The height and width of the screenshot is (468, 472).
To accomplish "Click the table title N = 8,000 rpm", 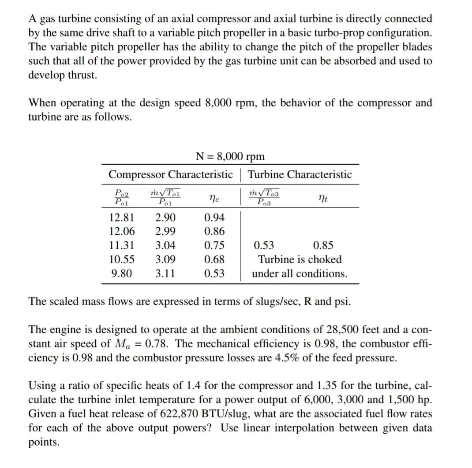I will [x=229, y=156].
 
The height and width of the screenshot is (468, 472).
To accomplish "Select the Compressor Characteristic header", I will [x=170, y=174].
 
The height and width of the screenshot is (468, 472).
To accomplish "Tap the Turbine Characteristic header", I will [x=300, y=174].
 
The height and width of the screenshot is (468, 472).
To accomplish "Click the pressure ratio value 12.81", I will [x=122, y=217].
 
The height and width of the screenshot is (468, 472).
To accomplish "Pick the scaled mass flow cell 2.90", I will [x=165, y=217].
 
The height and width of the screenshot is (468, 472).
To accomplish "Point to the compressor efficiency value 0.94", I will [x=215, y=217].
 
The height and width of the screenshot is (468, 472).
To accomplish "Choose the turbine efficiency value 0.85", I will [x=323, y=245].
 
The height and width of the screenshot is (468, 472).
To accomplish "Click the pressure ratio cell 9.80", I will [x=122, y=273].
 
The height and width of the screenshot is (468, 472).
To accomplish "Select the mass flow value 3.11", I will [x=165, y=273].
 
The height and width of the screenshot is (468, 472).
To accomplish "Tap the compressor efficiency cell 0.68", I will [x=215, y=259].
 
